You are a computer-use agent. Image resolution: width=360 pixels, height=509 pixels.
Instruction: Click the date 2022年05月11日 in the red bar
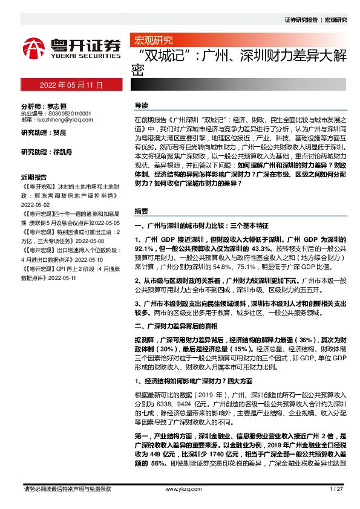(71, 85)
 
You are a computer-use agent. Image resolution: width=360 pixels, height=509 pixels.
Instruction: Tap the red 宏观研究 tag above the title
(152, 41)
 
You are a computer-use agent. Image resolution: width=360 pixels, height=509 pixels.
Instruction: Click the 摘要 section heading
(141, 212)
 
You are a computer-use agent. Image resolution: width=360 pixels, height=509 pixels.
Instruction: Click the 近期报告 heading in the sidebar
(33, 160)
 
